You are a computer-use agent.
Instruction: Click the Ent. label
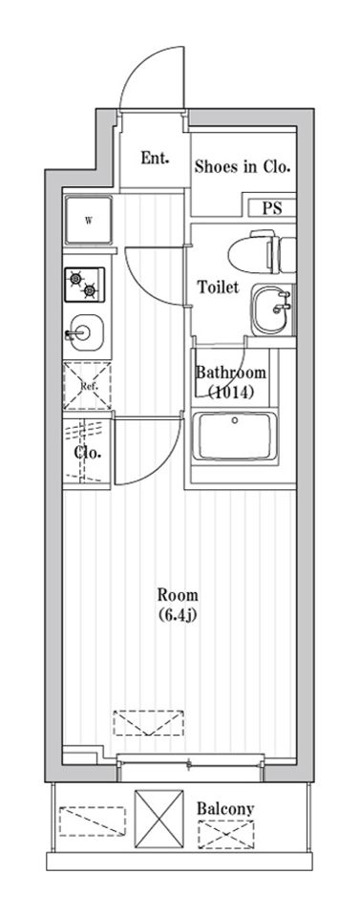tap(155, 158)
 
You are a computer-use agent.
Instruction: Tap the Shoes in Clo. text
tap(242, 167)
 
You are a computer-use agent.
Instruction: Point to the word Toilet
tap(218, 288)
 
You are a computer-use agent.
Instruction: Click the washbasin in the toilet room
tap(272, 309)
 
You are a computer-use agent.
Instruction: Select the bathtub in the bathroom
tap(235, 437)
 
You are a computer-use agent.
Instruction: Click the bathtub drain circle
tap(235, 420)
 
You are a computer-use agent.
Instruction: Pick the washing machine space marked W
tap(88, 221)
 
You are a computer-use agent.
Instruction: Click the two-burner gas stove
tap(85, 285)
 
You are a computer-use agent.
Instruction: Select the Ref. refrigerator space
tap(87, 385)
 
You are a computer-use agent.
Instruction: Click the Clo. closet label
tap(88, 453)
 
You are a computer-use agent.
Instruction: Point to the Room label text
tap(178, 596)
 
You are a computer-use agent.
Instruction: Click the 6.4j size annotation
tap(178, 614)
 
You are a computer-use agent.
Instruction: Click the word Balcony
tap(225, 809)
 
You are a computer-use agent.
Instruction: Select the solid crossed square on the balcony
tap(159, 819)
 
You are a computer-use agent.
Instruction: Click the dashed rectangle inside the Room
tap(148, 723)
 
